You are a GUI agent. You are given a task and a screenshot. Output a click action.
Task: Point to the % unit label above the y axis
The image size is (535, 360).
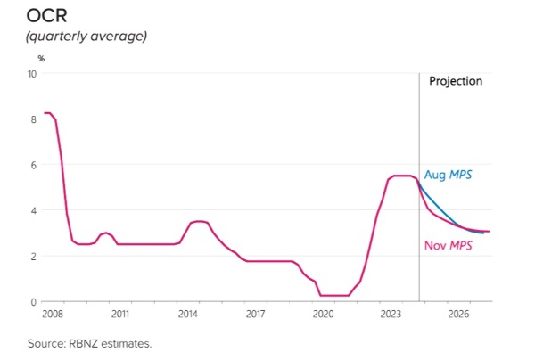tap(41, 58)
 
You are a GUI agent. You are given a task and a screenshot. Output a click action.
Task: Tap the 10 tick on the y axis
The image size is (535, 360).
tap(32, 74)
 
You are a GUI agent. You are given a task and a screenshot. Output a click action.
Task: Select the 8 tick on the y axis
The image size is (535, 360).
tap(34, 119)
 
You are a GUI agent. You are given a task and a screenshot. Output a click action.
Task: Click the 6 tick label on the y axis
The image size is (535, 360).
tap(34, 165)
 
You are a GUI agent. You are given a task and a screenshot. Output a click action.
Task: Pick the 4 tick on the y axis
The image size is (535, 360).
tap(34, 210)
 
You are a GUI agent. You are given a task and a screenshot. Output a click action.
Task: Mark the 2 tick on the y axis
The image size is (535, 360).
tap(34, 256)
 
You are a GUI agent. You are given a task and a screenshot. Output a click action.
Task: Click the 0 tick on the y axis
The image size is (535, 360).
tap(34, 302)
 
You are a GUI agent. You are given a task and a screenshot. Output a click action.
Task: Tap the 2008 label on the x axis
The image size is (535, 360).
tap(51, 315)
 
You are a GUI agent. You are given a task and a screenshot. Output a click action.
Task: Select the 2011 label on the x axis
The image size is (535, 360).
tap(119, 315)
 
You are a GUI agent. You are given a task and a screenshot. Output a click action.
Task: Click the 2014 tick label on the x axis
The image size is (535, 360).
tap(187, 315)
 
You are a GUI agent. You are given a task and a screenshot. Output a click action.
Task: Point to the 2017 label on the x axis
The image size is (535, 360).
tap(255, 315)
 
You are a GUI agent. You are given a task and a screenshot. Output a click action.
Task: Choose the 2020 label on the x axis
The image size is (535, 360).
tap(323, 315)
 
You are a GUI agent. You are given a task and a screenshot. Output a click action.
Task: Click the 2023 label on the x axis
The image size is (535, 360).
tap(391, 315)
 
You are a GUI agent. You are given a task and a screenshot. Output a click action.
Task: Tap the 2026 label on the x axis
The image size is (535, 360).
tap(458, 315)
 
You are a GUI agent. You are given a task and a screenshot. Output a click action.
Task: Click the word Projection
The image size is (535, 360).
tap(456, 81)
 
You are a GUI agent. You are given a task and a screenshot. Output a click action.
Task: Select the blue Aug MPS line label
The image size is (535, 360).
tap(448, 175)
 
